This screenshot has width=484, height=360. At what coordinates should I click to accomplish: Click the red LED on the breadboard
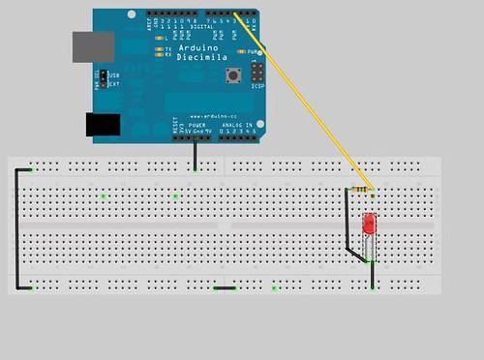[369, 225]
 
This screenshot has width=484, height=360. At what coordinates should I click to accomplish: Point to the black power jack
[103, 124]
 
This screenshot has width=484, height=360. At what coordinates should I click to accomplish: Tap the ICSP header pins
[257, 74]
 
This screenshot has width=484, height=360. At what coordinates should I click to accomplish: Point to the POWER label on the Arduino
[196, 125]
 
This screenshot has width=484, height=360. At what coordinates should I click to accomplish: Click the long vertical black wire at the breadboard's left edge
[15, 228]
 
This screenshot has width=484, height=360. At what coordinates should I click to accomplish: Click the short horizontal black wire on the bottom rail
[225, 287]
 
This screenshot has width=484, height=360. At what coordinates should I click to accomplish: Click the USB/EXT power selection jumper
[100, 78]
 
